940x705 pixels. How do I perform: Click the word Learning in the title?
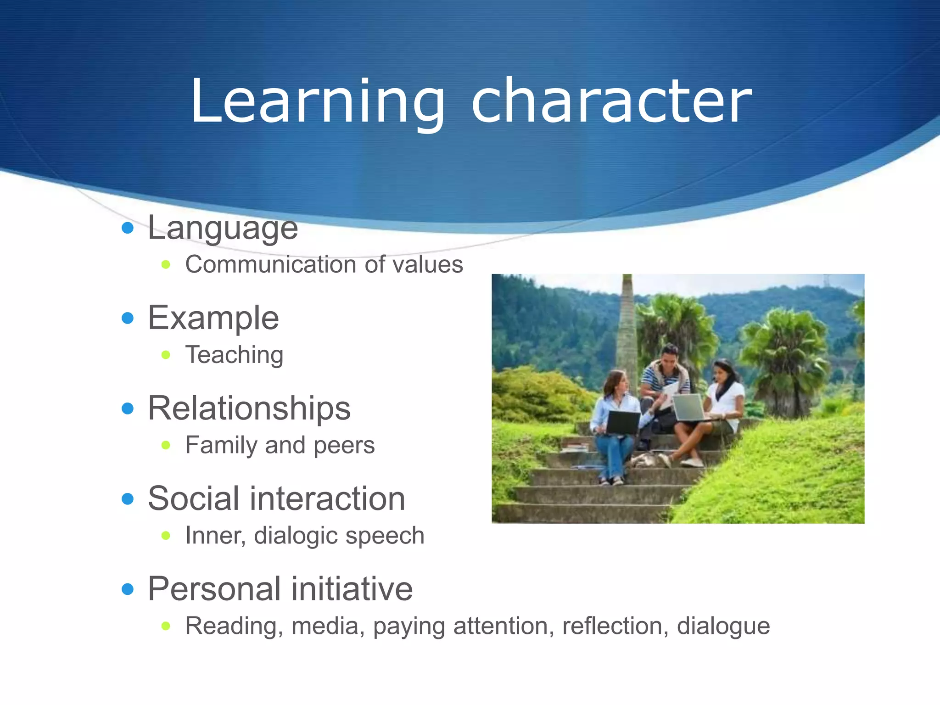[x=317, y=102]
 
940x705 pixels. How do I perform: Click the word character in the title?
[x=611, y=102]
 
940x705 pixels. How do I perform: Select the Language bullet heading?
[x=223, y=228]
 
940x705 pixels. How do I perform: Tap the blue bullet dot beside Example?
[x=128, y=318]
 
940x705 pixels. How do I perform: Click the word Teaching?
[x=234, y=355]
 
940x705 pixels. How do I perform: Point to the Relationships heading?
[x=249, y=408]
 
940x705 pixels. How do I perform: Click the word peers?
[x=344, y=446]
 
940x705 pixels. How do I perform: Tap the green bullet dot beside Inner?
[x=166, y=536]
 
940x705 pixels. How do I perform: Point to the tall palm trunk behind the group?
[x=626, y=330]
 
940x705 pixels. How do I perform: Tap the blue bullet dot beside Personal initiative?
[x=128, y=589]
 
